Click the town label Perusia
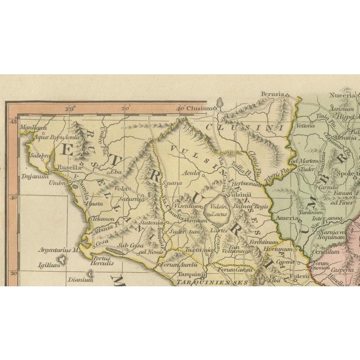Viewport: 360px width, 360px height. tap(272, 94)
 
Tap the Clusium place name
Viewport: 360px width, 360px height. tap(201, 109)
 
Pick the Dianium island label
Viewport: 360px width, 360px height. tap(80, 280)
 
